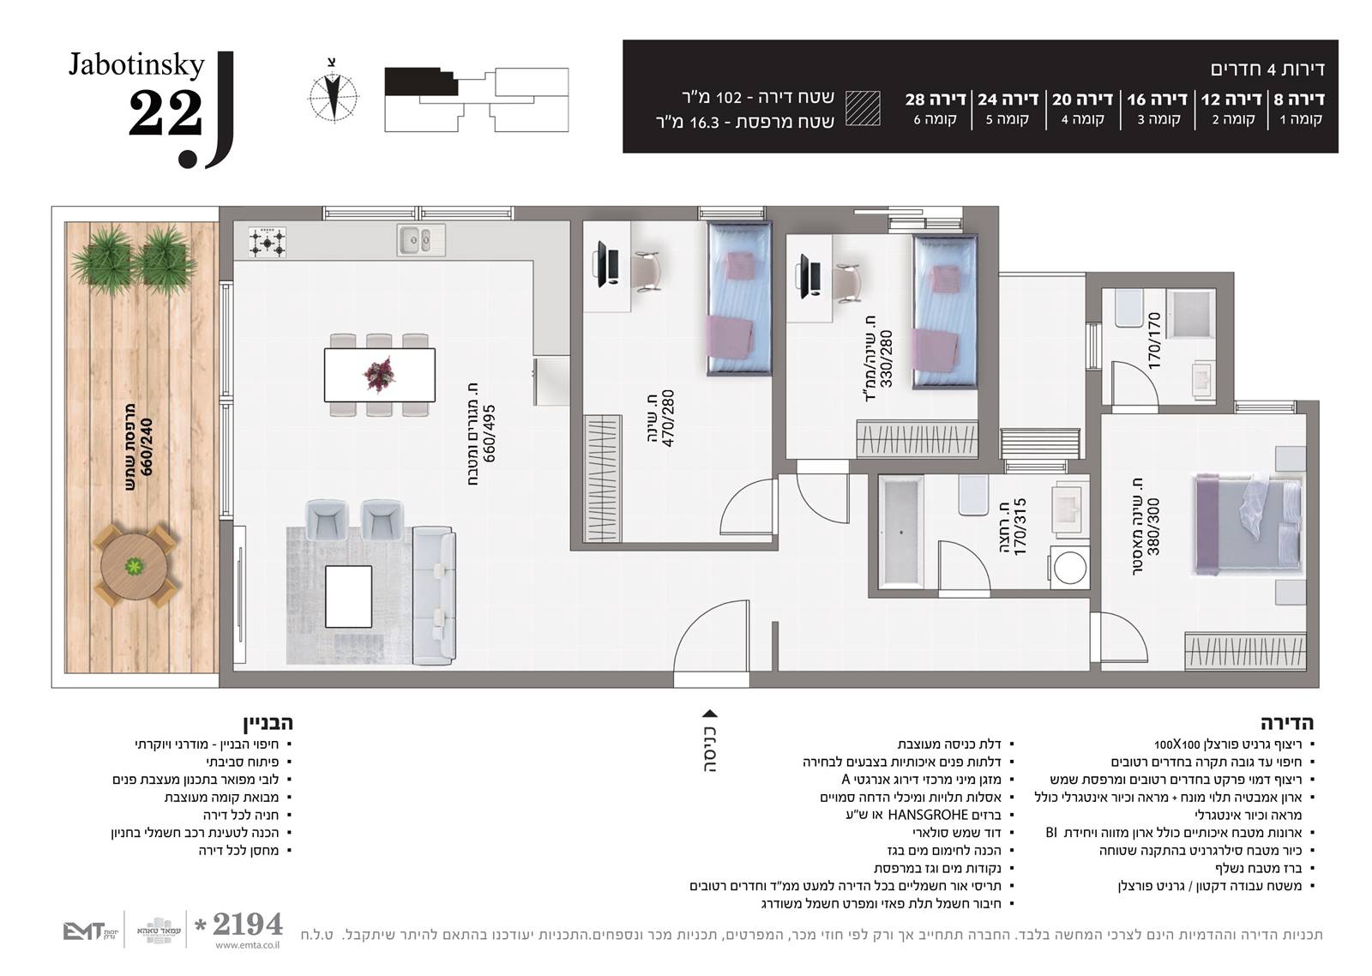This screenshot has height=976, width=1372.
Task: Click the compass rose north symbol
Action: point(334,97)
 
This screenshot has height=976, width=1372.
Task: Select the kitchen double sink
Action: point(421,239)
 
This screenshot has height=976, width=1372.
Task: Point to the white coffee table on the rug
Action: point(348,597)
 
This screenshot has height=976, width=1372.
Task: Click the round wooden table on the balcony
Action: point(133,565)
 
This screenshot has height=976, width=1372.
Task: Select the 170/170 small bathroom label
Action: point(1154,341)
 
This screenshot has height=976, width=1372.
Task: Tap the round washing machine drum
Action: point(1070,568)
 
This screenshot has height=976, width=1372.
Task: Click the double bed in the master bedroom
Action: point(1248,524)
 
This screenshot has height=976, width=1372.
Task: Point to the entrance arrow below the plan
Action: point(710,714)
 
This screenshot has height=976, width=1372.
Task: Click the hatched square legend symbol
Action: point(863,108)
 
